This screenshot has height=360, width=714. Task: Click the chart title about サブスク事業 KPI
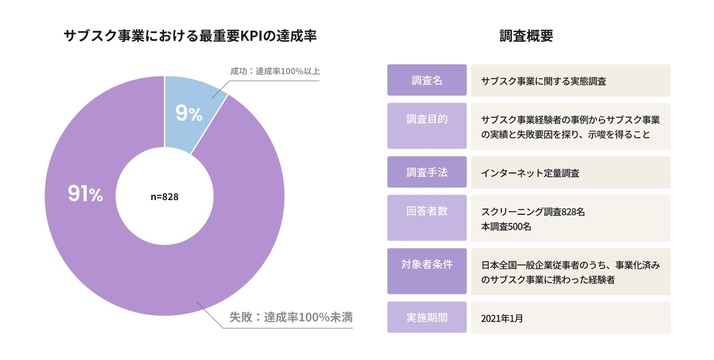coord(190,36)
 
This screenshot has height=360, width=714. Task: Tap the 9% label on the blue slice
coord(189,113)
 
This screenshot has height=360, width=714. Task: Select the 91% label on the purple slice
coord(85,194)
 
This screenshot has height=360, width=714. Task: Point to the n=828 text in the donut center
coord(164,197)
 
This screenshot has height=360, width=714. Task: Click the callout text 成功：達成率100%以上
coord(275,71)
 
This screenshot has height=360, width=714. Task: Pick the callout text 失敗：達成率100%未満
coord(291,317)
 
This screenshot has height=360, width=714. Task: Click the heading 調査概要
coord(526,36)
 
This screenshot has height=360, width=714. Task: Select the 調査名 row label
coord(427,80)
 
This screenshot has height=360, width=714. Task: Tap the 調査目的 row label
coord(427,119)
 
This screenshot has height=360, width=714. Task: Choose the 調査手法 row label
coord(427,172)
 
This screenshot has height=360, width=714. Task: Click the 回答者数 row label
coord(427,211)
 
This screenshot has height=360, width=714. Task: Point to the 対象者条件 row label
coord(427,264)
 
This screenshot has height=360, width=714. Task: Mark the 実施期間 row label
coord(427,318)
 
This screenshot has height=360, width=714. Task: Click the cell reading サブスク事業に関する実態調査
coord(544,81)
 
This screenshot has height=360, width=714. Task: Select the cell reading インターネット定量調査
coord(530,173)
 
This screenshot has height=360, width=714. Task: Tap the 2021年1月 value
coord(502,318)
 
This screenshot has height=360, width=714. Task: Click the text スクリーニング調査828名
coord(533,212)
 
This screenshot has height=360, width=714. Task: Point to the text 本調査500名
coord(506,227)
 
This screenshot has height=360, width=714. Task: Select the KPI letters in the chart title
coord(251,36)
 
